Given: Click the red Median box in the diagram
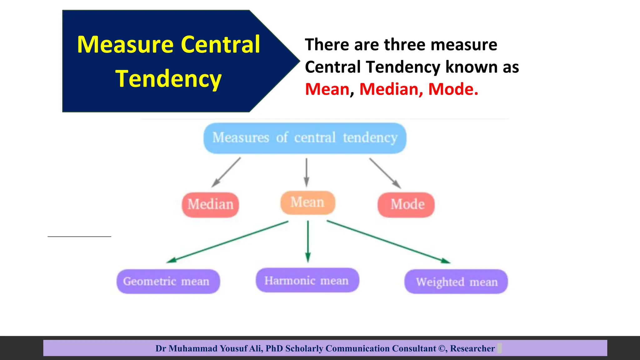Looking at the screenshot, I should coord(210,205).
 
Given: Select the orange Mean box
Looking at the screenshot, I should coord(307,202).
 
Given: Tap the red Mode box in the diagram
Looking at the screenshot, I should coord(406,205).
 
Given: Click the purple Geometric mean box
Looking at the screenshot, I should coord(168,281).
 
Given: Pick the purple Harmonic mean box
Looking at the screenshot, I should coord(307,280).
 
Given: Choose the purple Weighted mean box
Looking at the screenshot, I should coord(456,282).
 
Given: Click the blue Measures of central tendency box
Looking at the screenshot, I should coord(305,138).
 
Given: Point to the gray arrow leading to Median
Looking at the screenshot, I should coord(226,172).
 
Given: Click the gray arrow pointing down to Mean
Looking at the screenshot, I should coord(306,172).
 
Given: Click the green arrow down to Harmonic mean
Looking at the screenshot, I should coord(308,241).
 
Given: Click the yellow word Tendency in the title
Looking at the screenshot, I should coord(168,79).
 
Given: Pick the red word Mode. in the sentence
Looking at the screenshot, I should coord(453,89).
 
